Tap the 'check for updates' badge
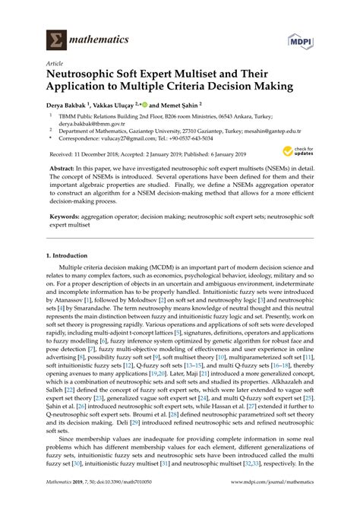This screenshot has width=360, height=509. click(x=300, y=151)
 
